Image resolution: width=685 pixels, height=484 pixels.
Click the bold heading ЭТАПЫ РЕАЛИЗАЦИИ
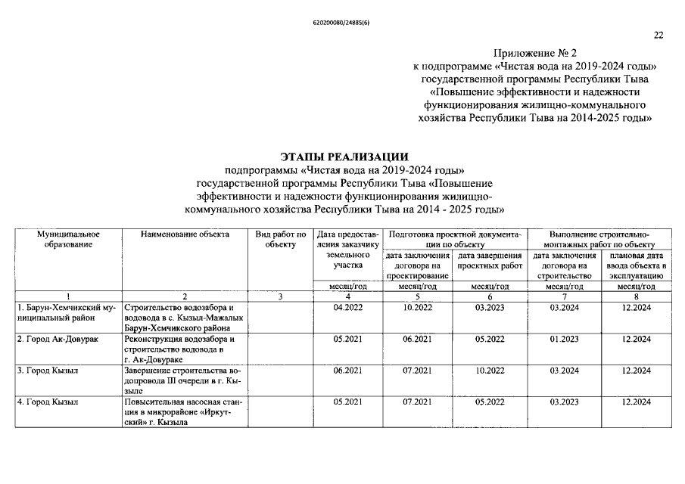pyautogui.click(x=344, y=156)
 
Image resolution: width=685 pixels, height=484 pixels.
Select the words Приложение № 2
pyautogui.click(x=535, y=54)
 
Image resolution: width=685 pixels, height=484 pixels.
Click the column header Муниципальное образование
pyautogui.click(x=69, y=239)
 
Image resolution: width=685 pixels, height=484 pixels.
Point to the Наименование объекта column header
pyautogui.click(x=185, y=234)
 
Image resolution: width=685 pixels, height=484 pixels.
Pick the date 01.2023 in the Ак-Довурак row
pyautogui.click(x=564, y=340)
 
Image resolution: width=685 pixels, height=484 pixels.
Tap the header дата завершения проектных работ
pyautogui.click(x=490, y=261)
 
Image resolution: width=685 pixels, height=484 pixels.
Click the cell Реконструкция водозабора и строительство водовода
pyautogui.click(x=184, y=349)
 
